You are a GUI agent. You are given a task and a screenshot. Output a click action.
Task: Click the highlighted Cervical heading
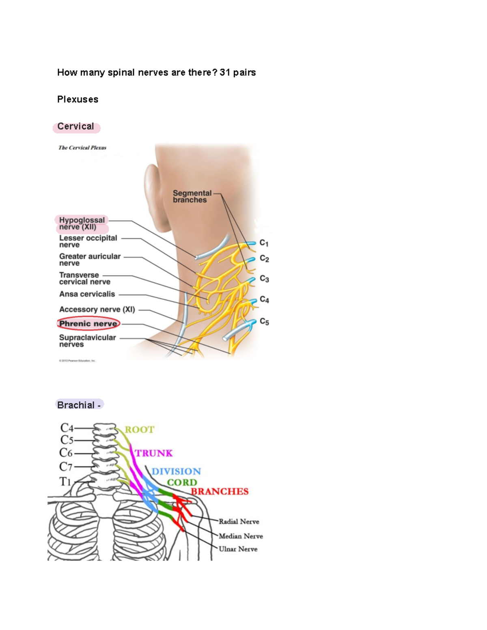76,127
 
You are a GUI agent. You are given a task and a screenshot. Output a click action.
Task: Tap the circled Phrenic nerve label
88,323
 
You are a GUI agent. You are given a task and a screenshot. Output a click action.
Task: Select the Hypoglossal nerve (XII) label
82,224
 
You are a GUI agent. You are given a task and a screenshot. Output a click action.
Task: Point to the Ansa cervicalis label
87,294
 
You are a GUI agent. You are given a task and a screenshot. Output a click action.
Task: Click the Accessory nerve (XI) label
97,310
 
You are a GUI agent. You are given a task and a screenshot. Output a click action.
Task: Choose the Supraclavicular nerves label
87,341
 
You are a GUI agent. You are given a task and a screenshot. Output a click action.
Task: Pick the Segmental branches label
192,196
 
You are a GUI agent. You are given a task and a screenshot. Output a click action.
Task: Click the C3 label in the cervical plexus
264,279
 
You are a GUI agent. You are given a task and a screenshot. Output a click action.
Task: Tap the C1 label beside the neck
264,243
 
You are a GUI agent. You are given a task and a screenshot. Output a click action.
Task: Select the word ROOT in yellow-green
140,430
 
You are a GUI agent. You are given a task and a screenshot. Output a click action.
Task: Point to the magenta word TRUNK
154,453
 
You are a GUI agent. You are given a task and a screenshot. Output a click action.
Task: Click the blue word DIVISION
176,471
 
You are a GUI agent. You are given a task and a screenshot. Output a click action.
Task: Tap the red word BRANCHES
220,492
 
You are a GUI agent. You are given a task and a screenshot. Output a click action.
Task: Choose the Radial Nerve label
239,522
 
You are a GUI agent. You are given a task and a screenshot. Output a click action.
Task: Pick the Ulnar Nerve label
238,549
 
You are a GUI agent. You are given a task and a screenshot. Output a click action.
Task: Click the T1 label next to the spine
65,482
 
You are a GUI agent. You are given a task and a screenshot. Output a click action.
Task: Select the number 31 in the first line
225,73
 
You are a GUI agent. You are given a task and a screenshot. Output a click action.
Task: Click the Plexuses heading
78,99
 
